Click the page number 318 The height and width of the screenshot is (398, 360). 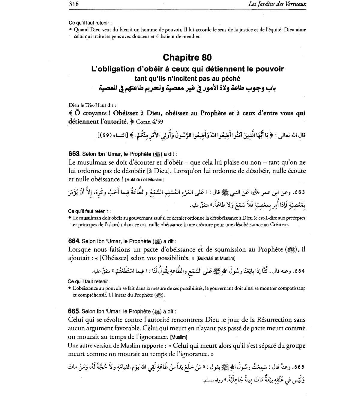(x=73, y=4)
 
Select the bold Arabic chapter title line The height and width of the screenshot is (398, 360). (x=187, y=88)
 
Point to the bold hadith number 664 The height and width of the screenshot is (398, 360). (x=73, y=241)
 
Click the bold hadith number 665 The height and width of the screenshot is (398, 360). (x=73, y=311)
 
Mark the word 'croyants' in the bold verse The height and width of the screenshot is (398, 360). (x=98, y=114)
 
